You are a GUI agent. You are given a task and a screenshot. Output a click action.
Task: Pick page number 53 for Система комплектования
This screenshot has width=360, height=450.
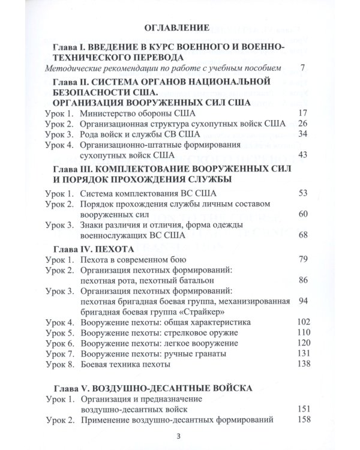[x=302, y=193]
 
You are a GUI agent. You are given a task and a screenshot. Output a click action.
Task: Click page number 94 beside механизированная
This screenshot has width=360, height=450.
[x=302, y=301]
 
